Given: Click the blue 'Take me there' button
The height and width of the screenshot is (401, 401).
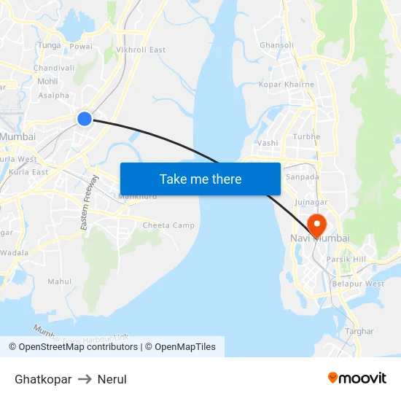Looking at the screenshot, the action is pyautogui.click(x=200, y=179).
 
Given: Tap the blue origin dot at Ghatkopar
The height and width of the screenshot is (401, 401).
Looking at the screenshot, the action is pyautogui.click(x=85, y=118).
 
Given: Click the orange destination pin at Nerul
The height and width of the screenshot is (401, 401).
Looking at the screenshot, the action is pyautogui.click(x=317, y=224).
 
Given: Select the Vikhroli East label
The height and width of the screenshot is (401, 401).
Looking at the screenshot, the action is pyautogui.click(x=141, y=50).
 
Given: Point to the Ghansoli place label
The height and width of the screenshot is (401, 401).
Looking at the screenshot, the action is pyautogui.click(x=277, y=45).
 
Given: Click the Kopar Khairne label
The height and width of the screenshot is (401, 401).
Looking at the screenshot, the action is pyautogui.click(x=287, y=85).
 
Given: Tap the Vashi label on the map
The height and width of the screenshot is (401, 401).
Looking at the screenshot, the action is pyautogui.click(x=268, y=143).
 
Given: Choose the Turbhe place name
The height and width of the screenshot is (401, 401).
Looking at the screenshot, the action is pyautogui.click(x=306, y=137).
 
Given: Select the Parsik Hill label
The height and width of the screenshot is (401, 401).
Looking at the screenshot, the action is pyautogui.click(x=346, y=259).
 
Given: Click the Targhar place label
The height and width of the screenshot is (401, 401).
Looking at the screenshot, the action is pyautogui.click(x=359, y=331).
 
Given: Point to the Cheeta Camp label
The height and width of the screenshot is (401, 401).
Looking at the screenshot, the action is pyautogui.click(x=168, y=225).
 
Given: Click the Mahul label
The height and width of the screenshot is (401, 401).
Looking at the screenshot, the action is pyautogui.click(x=60, y=281).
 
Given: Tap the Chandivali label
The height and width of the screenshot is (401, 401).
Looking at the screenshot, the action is pyautogui.click(x=54, y=68).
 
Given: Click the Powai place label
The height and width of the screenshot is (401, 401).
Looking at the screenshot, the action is pyautogui.click(x=80, y=46).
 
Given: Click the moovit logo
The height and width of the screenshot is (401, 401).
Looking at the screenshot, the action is pyautogui.click(x=357, y=378).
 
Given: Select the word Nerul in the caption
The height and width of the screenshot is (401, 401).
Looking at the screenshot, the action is pyautogui.click(x=112, y=379).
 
